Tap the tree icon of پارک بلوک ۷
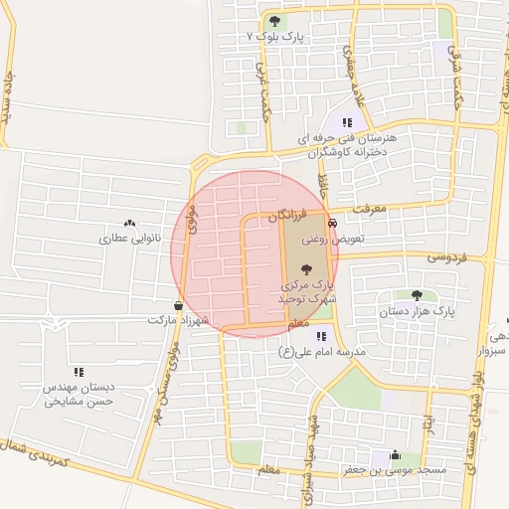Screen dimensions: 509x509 pos(274,21)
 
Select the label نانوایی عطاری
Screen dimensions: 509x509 pos(130,239)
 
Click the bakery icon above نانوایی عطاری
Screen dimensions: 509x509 pos(130,224)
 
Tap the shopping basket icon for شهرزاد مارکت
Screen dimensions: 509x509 pos(177,305)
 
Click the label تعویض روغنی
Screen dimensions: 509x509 pos(334,239)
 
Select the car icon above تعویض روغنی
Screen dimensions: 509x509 pos(332,224)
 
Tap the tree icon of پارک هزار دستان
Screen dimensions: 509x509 pos(416,295)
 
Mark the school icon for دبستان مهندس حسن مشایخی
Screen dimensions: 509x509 pos(79,371)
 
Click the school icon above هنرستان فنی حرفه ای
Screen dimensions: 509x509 pos(347,123)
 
